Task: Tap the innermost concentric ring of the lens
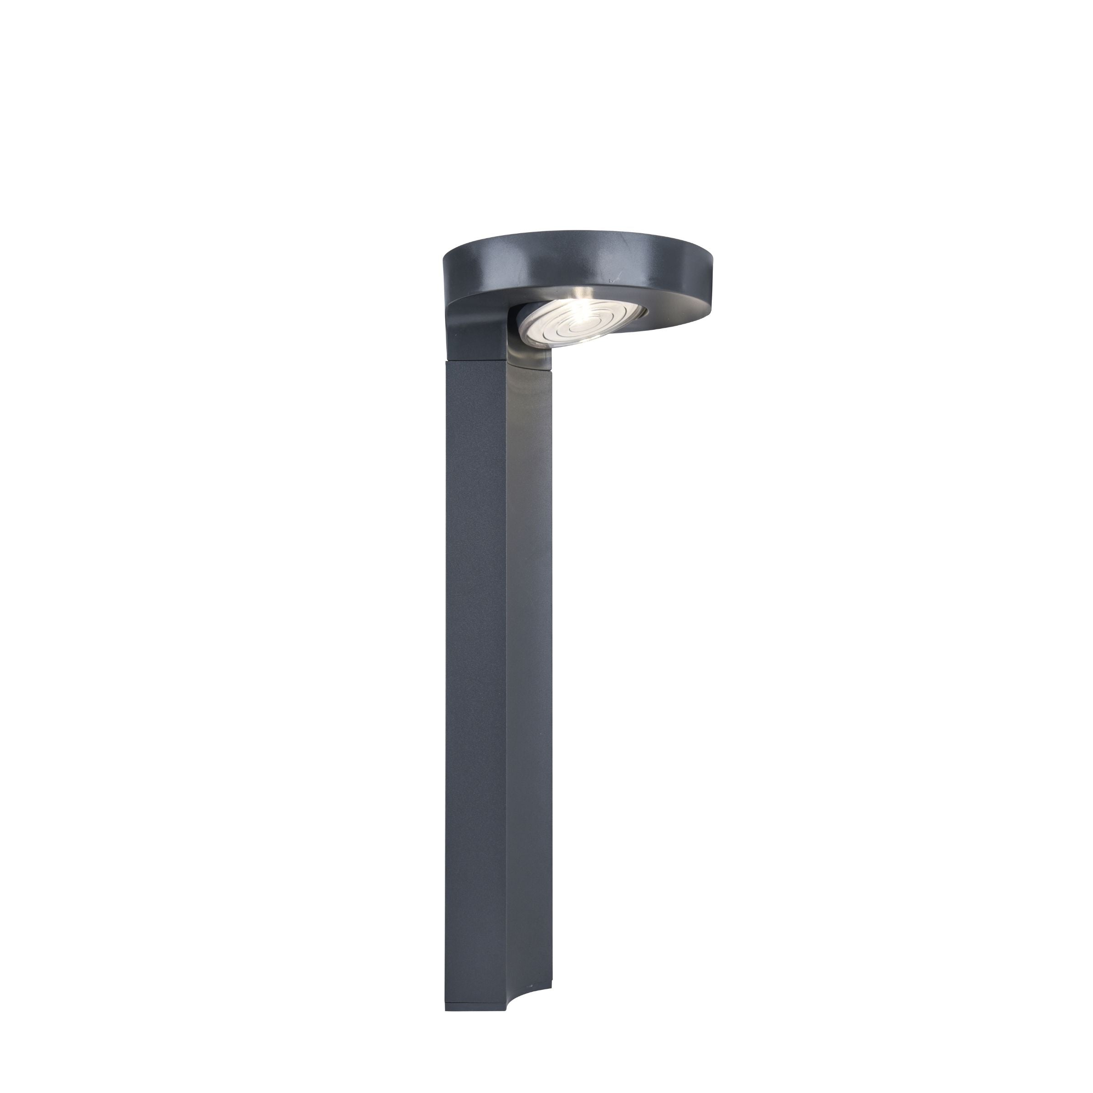pyautogui.click(x=575, y=327)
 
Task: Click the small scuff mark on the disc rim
pyautogui.click(x=610, y=280)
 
